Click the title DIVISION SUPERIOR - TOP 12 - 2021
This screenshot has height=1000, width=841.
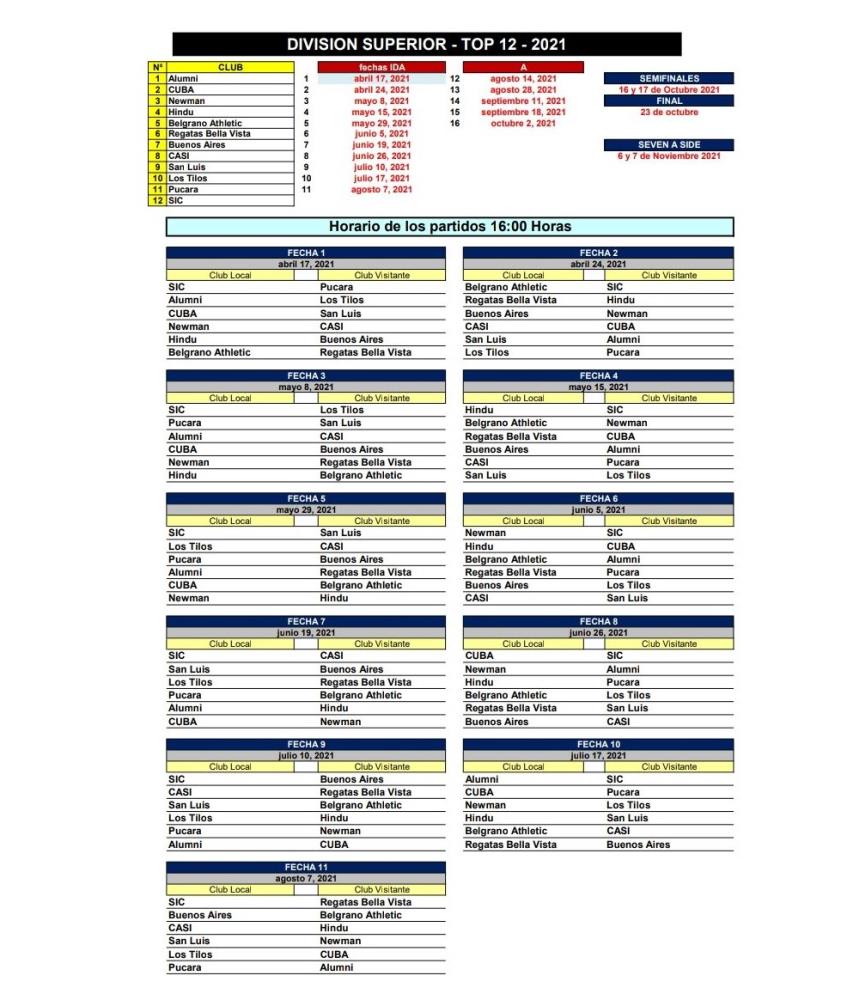(427, 44)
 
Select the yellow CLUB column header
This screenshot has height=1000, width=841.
(230, 67)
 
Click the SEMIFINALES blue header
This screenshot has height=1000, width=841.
(668, 78)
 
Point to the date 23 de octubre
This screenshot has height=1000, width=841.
(668, 112)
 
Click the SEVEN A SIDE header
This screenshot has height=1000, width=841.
(668, 145)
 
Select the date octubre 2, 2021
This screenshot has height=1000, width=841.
(523, 123)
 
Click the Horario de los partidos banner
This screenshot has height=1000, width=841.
(450, 227)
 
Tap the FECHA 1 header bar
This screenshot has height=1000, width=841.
(306, 253)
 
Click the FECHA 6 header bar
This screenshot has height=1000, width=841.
(598, 498)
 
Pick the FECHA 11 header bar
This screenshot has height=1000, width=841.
(306, 867)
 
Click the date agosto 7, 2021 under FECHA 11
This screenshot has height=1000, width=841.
(306, 878)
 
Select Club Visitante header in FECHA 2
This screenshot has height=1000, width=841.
(669, 275)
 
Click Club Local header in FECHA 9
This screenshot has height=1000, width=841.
(230, 767)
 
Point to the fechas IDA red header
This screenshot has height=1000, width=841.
(381, 67)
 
